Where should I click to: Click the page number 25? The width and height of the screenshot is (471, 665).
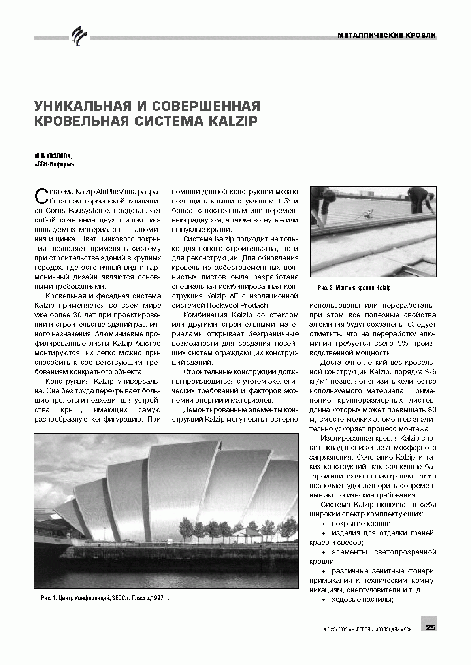(x=430, y=627)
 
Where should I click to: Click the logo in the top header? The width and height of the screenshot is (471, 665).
(x=77, y=36)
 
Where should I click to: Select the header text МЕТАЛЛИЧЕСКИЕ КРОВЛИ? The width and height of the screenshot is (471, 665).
(x=387, y=36)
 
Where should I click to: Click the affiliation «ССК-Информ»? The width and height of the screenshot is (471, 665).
(x=54, y=164)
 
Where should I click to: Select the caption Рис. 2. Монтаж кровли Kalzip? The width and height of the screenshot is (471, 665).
(x=354, y=288)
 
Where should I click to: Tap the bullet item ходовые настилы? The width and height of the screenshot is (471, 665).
(x=362, y=599)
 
